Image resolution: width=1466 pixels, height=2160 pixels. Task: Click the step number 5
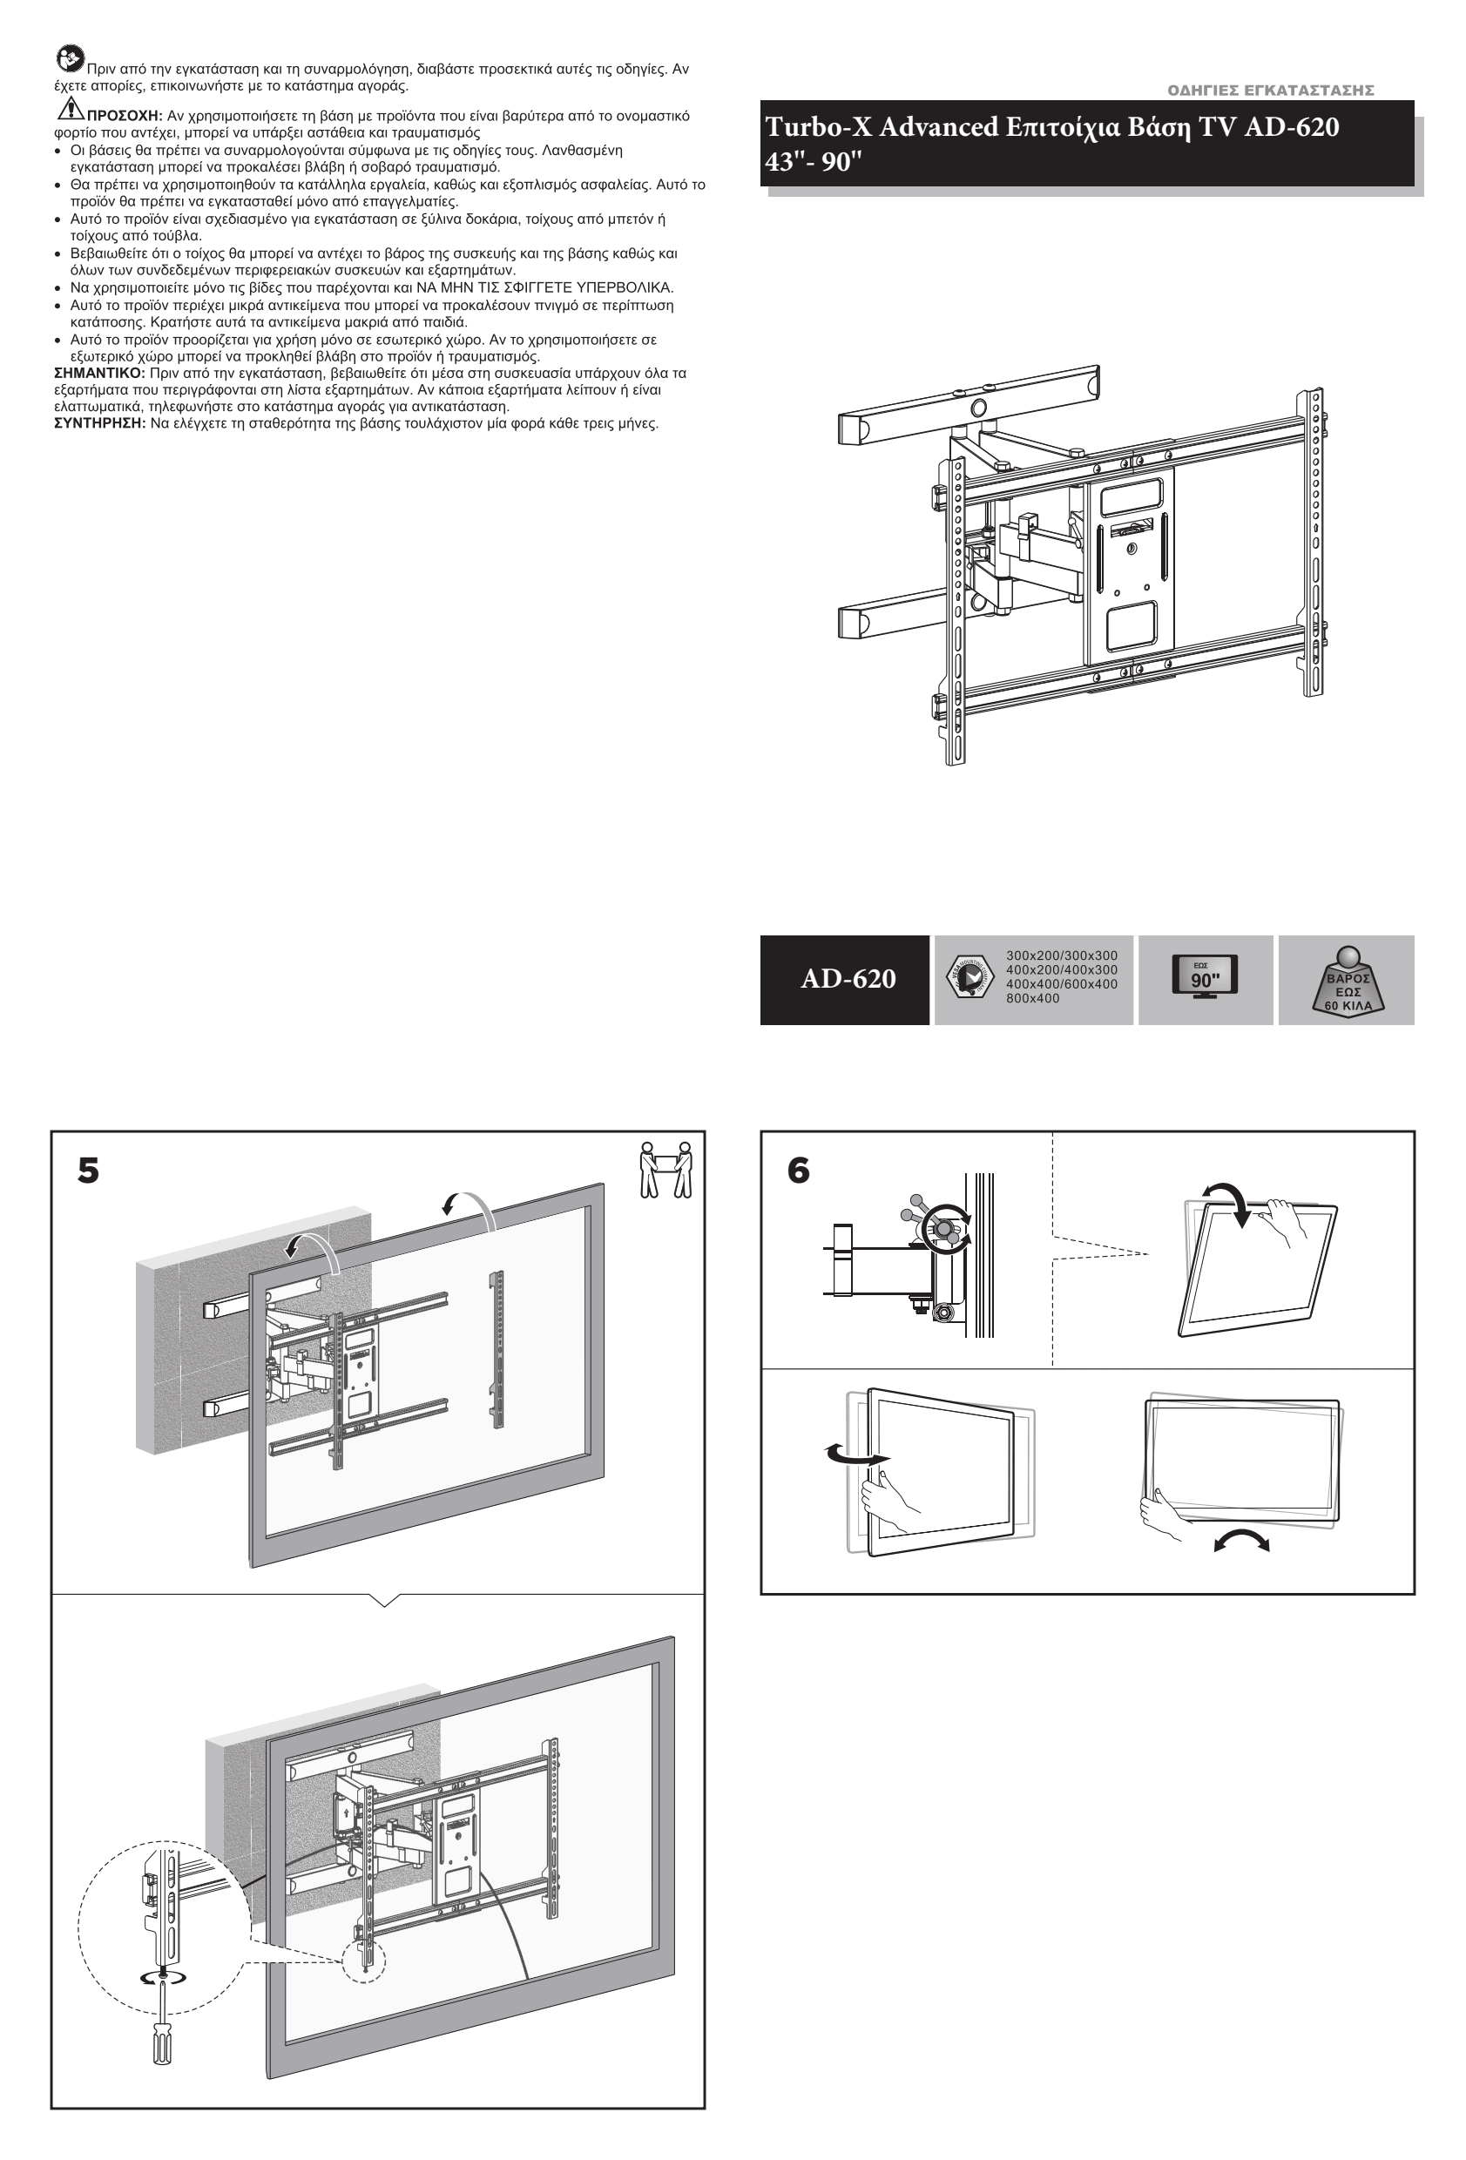point(88,1171)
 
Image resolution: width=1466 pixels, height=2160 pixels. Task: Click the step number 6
point(799,1171)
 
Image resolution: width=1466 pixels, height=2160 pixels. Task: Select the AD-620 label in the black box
point(848,979)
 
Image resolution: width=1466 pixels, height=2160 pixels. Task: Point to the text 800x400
point(1032,998)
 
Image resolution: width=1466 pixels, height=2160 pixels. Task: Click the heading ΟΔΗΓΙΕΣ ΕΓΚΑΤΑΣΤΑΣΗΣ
point(1270,91)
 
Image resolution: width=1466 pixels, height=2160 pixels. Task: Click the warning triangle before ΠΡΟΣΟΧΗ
point(70,109)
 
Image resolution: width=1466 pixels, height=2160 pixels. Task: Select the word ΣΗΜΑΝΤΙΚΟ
point(99,373)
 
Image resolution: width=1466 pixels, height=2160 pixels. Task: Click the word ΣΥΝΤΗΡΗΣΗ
point(99,424)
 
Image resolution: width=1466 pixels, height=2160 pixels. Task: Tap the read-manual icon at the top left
point(70,58)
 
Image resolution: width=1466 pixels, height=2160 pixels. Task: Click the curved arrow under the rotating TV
point(1241,1541)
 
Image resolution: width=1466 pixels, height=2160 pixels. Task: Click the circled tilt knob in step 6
point(944,1229)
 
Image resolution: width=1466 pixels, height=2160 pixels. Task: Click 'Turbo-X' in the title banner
point(818,126)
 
